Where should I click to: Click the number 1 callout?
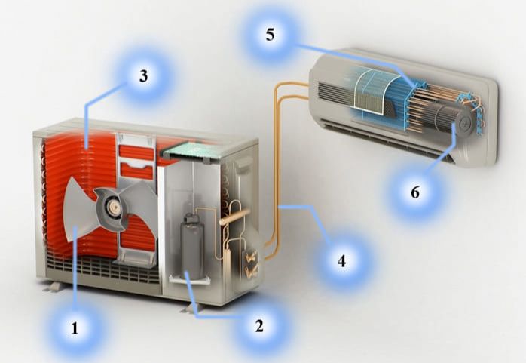click(75, 328)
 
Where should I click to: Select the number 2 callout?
click(259, 326)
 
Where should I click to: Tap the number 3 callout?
click(144, 76)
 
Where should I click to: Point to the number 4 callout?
click(341, 260)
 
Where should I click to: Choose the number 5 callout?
click(270, 35)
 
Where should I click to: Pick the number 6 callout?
click(415, 192)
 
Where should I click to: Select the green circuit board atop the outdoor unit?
click(191, 152)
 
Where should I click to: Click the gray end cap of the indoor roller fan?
click(466, 123)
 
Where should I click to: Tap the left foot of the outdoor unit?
click(53, 287)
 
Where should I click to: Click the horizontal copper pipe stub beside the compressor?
click(235, 217)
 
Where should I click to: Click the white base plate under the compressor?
click(190, 279)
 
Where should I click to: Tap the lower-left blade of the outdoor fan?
click(81, 222)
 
